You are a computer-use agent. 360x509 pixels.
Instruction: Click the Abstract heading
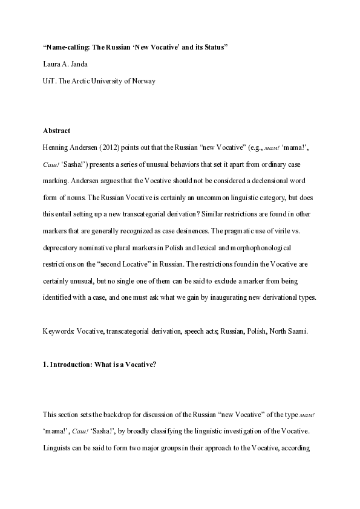56,130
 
